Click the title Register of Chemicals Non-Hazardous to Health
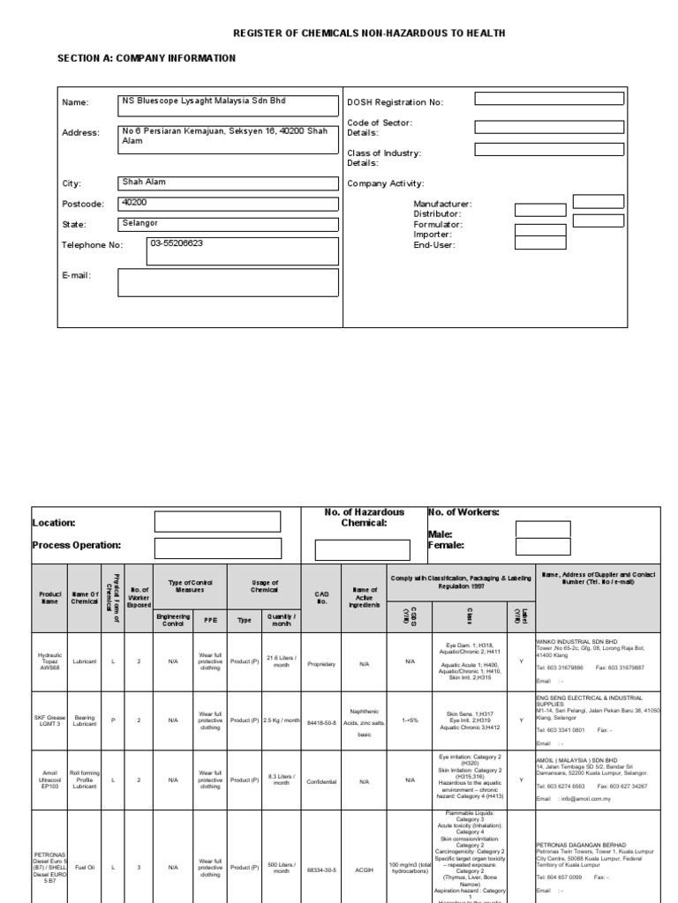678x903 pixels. coord(369,33)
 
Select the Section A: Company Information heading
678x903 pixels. coord(147,58)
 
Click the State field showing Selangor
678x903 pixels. coord(229,225)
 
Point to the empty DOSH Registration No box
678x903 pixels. coord(548,99)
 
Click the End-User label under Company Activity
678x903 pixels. coord(433,245)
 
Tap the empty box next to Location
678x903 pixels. coord(205,521)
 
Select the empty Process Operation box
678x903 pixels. coord(205,549)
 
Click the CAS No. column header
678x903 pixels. coord(321,598)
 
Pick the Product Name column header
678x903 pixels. coord(49,598)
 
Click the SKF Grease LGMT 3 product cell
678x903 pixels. coord(49,720)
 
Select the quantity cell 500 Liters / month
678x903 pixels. coord(282,868)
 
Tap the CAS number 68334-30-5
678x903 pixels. coord(321,868)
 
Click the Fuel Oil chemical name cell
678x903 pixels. coord(86,868)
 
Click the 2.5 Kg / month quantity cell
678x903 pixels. coord(282,720)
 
